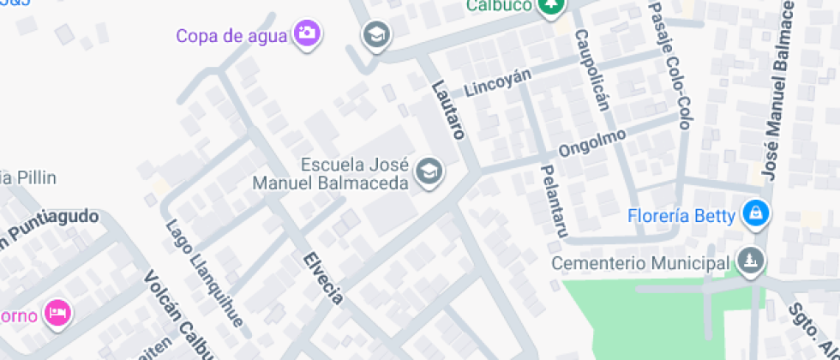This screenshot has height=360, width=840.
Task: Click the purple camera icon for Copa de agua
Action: point(307,33)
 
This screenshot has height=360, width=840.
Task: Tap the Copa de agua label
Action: point(234,35)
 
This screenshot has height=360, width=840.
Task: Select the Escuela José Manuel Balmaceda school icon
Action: point(427,172)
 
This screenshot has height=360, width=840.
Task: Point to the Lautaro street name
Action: point(448,109)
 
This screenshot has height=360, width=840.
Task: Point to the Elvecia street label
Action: point(323,278)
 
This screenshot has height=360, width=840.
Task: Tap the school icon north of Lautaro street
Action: point(375,36)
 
